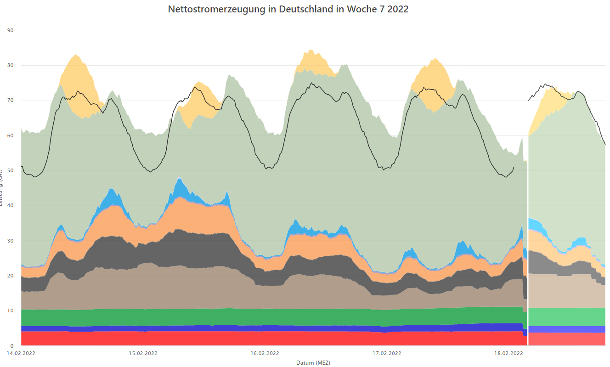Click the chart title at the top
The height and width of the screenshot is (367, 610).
tap(288, 9)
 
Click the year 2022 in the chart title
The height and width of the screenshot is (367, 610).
tap(397, 9)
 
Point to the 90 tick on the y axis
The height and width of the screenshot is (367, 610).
tap(11, 30)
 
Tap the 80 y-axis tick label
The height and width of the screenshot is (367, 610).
tap(11, 66)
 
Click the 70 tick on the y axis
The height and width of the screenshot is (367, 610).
tap(11, 101)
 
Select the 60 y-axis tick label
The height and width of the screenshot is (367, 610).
tap(11, 136)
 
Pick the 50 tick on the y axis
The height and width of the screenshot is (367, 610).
tap(11, 170)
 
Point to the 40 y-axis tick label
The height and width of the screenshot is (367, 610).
tap(11, 206)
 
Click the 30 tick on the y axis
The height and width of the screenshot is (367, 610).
tap(11, 241)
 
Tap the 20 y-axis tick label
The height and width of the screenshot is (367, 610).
tap(11, 276)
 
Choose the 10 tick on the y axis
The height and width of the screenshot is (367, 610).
tap(11, 311)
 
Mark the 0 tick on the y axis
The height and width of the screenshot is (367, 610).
tap(12, 346)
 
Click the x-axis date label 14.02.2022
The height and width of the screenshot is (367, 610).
tap(21, 353)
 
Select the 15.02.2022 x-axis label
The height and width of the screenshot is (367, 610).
tap(143, 353)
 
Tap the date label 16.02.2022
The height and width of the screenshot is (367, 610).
tap(265, 353)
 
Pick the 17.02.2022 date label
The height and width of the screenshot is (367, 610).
tap(386, 353)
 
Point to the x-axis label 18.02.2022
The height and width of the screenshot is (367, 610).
tap(508, 353)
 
